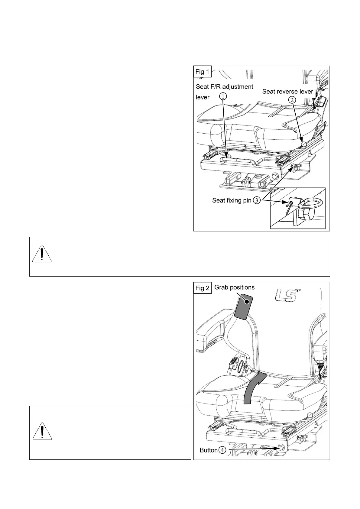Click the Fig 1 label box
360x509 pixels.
[x=203, y=72]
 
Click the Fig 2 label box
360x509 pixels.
[x=203, y=288]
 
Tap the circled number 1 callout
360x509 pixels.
[x=222, y=96]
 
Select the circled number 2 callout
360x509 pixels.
[x=292, y=101]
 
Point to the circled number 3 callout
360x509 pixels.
[x=256, y=200]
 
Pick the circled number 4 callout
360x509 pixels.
[x=222, y=450]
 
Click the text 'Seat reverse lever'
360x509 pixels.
[x=287, y=91]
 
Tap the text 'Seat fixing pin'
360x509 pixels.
[x=232, y=200]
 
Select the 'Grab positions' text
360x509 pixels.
[x=234, y=287]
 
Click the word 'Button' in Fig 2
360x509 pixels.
[x=209, y=450]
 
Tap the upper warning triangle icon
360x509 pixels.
[x=42, y=254]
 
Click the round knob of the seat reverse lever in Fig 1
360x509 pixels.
[x=304, y=144]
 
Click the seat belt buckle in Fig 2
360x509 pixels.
[x=234, y=362]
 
